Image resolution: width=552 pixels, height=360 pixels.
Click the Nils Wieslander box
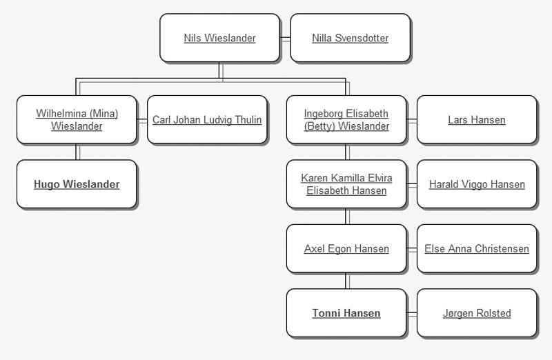click(x=219, y=38)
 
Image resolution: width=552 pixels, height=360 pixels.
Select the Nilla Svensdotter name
click(x=350, y=38)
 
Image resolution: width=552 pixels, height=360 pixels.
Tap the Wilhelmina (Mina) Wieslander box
click(x=77, y=120)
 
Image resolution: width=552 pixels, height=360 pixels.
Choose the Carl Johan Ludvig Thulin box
click(x=207, y=120)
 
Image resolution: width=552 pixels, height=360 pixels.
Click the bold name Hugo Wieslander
click(x=77, y=184)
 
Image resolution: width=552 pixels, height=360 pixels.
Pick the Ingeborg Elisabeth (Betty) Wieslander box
click(x=346, y=120)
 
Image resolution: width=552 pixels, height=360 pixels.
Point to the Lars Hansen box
click(x=476, y=120)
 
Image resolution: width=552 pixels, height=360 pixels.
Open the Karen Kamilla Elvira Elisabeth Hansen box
click(x=346, y=184)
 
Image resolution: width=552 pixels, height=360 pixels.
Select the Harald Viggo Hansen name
click(x=476, y=184)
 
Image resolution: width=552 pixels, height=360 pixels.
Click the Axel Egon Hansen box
click(x=346, y=249)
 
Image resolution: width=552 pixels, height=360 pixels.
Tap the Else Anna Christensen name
click(x=476, y=249)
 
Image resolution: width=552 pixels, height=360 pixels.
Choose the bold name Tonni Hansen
click(x=346, y=313)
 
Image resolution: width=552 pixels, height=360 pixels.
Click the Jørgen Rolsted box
click(x=476, y=313)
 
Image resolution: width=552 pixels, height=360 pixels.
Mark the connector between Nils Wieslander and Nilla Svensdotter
click(x=285, y=38)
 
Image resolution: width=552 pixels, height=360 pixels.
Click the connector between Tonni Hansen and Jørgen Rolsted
click(x=411, y=313)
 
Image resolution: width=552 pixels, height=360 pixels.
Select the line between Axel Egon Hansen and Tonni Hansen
click(x=346, y=281)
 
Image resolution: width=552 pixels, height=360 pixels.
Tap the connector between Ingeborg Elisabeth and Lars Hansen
click(x=411, y=120)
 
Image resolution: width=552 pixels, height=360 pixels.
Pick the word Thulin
click(x=248, y=120)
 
